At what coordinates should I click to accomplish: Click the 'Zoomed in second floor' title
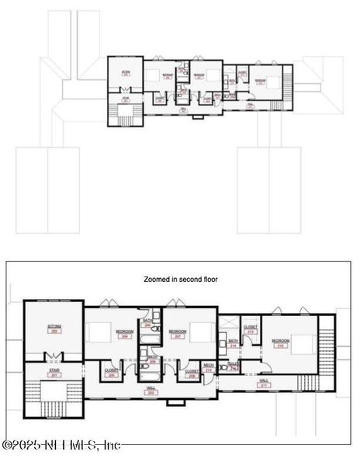point(181,279)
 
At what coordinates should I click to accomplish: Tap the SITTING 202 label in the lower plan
point(54,329)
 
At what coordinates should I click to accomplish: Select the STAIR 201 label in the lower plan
point(54,374)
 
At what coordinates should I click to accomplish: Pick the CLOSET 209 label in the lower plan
point(192,373)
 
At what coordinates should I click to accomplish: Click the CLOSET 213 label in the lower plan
point(251,329)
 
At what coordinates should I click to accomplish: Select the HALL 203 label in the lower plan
point(151,391)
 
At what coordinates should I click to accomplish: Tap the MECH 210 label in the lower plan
point(209,367)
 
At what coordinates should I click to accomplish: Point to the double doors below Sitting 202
point(52,356)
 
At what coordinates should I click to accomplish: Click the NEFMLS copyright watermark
point(62,445)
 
